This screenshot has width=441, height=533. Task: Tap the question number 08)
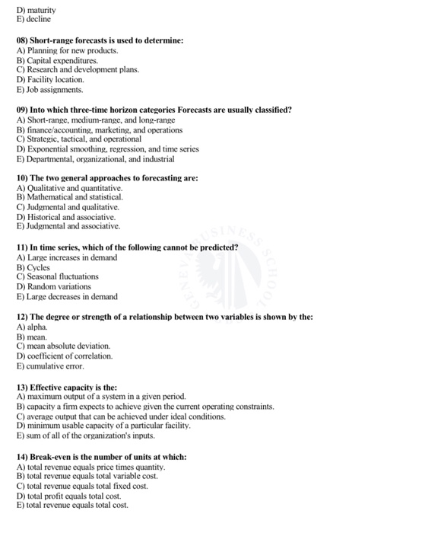coord(23,40)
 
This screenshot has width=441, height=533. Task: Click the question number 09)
coord(23,110)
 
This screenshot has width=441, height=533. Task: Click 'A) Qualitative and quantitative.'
coord(69,188)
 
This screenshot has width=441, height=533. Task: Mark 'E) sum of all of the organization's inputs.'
coord(85,436)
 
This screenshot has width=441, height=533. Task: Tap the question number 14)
coord(23,457)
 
